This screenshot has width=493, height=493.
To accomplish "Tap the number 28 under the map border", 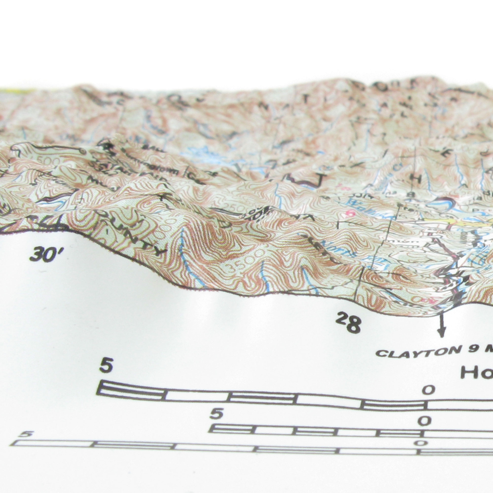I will [349, 322].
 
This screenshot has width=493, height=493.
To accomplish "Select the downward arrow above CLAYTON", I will [441, 327].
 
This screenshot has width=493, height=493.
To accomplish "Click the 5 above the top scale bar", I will [106, 365].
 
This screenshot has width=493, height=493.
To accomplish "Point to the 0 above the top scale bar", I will [429, 390].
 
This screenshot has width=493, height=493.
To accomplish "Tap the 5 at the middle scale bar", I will [216, 414].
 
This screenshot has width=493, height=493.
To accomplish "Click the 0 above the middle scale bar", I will [424, 421].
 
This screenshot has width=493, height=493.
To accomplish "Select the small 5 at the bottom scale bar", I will [27, 434].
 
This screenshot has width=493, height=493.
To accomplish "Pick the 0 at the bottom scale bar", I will [421, 443].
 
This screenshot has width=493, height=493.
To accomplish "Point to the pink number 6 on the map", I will [350, 213].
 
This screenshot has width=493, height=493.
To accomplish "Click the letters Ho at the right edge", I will [476, 372].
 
